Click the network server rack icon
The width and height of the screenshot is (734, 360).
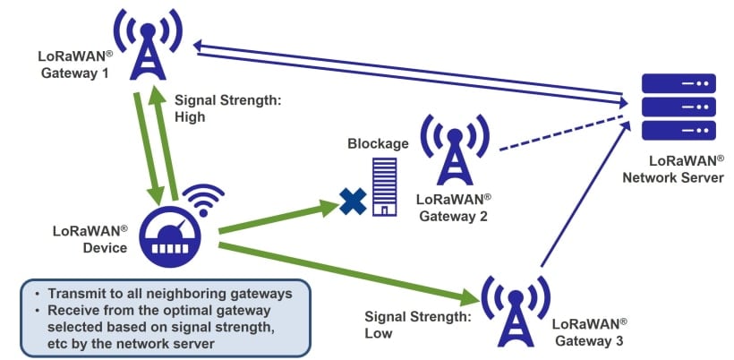click(679, 106)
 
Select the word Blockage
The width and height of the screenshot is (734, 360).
click(379, 143)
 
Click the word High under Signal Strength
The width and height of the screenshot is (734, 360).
click(190, 116)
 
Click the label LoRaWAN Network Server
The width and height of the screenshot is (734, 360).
click(679, 169)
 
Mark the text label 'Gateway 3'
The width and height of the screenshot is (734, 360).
click(586, 340)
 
